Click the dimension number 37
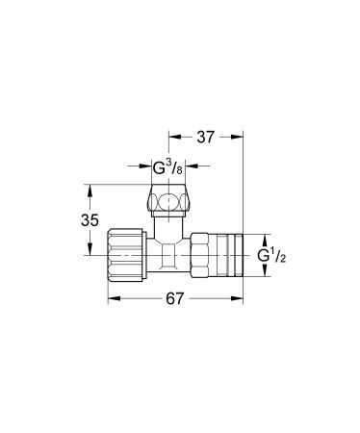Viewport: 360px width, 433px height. pos(206,139)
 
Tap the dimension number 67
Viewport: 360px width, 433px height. pos(174,300)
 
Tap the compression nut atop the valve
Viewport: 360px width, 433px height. pos(170,204)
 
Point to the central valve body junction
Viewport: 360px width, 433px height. pos(171,256)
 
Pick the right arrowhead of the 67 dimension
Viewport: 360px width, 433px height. pos(240,300)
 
